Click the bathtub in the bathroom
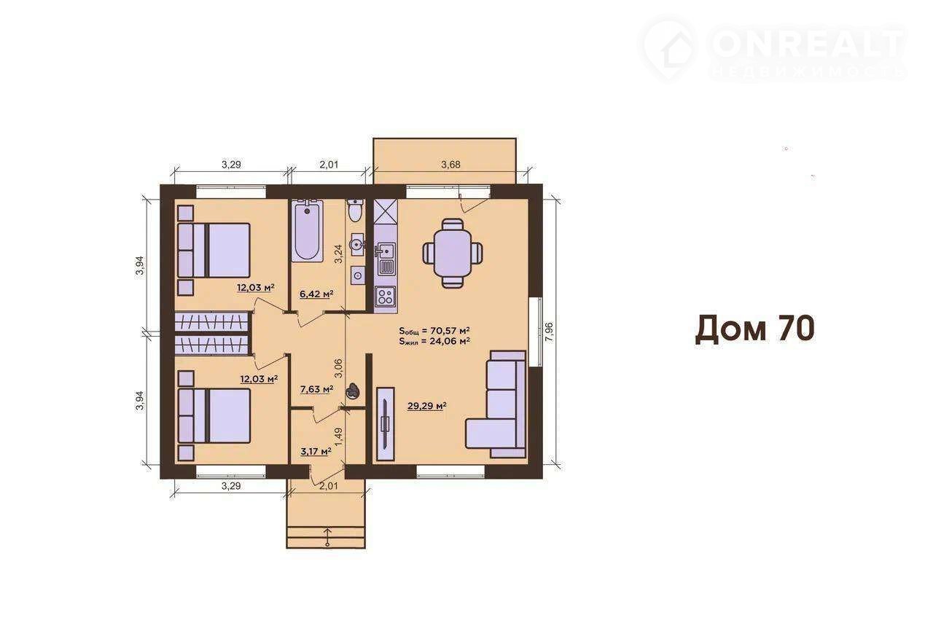click(x=308, y=231)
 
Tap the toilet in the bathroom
click(x=355, y=210)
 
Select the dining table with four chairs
click(x=453, y=253)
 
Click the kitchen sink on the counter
click(x=386, y=251)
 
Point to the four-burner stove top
click(x=386, y=297)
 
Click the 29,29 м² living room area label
click(x=427, y=406)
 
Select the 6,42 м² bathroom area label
click(x=316, y=294)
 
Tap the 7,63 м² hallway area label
click(x=316, y=389)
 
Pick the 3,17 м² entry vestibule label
click(x=316, y=450)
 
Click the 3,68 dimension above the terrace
click(x=450, y=165)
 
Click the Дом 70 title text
click(x=754, y=329)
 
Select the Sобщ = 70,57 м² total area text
click(x=434, y=331)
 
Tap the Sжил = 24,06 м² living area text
click(x=434, y=341)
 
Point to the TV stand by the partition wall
click(x=386, y=424)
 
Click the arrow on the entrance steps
click(x=328, y=537)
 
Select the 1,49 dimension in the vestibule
click(x=338, y=438)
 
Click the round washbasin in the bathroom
click(x=357, y=243)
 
